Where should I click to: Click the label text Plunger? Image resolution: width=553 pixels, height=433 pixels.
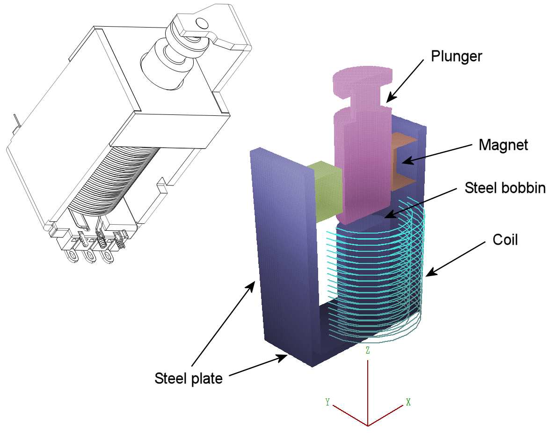coord(456,57)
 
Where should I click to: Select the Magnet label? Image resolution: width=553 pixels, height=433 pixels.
coord(503,145)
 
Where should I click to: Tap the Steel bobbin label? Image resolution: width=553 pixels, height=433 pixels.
coord(505,188)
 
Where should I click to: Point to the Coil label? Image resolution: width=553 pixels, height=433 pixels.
coord(505,240)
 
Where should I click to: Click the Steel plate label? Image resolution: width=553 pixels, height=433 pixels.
coord(188,378)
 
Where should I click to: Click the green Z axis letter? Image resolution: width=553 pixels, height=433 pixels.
coord(368,351)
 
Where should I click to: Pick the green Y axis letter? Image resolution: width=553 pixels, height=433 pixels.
coord(328,402)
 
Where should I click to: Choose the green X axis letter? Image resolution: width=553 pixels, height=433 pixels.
coord(408,402)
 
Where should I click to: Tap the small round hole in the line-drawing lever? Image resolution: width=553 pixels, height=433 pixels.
coord(202,22)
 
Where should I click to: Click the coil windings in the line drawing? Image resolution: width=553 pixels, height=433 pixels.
coord(122,177)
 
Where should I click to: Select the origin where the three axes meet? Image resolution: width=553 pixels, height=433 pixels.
coord(368,425)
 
